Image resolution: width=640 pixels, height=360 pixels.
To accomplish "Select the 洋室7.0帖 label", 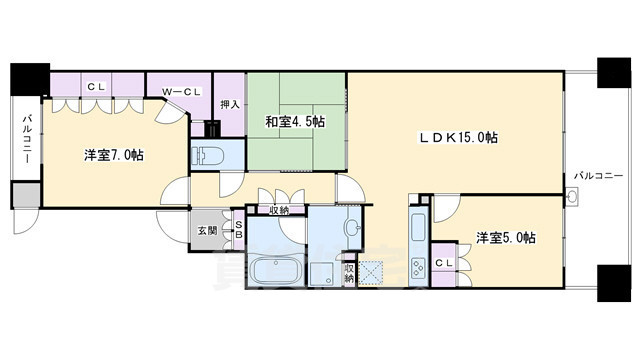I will click(112, 156).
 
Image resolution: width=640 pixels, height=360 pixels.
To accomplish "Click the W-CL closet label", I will click(182, 93).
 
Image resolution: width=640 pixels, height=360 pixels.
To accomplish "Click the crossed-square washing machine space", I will click(371, 272).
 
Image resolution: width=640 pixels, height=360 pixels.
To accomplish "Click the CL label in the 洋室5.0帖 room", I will click(444, 262).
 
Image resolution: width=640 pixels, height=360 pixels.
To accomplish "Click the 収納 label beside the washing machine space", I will click(348, 271).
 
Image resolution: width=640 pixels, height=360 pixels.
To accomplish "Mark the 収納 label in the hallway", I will click(279, 209).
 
